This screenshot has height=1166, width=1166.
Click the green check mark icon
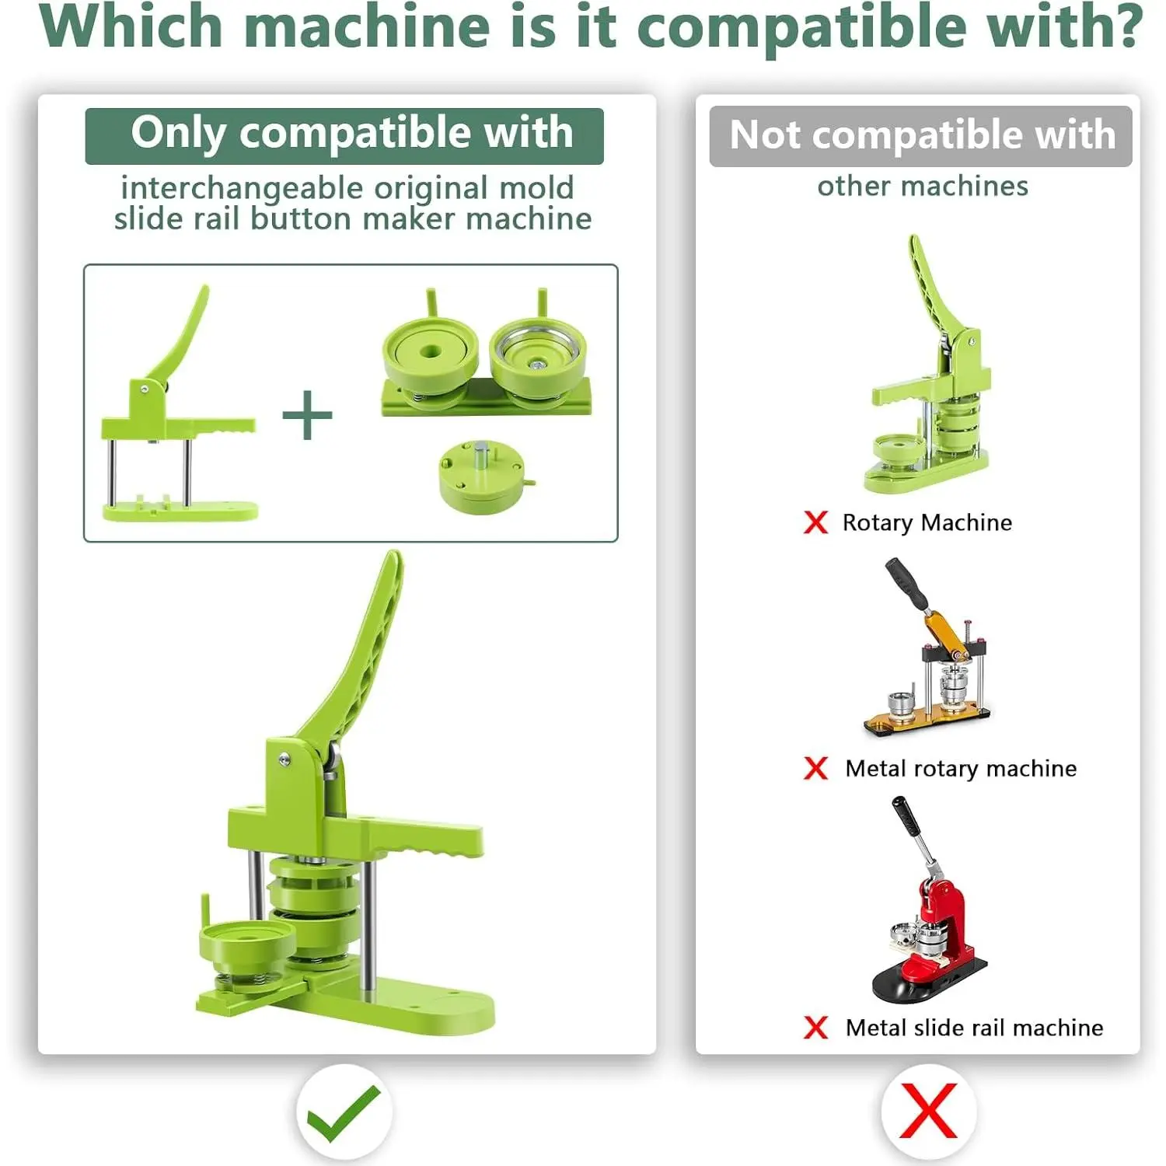coord(343,1113)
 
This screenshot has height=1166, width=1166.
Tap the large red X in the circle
coord(928,1112)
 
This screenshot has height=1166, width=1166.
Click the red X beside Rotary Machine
coord(815,522)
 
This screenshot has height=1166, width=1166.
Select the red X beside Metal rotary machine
coord(815,768)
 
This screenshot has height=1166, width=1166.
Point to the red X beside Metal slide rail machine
coord(815,1028)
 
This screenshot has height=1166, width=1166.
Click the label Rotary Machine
coord(927,522)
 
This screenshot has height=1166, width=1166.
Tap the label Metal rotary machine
coord(961,768)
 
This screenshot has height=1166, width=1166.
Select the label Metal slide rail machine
coord(974,1028)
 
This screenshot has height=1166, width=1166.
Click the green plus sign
coord(307,415)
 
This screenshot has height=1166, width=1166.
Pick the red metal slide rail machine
coord(928,902)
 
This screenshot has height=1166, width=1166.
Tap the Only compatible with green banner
coord(344,136)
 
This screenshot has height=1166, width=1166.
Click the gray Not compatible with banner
coord(921,136)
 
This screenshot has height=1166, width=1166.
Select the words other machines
coord(923,187)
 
